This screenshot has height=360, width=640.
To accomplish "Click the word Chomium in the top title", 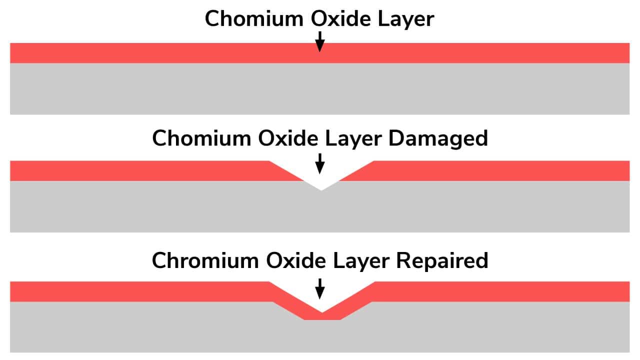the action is [x=254, y=18].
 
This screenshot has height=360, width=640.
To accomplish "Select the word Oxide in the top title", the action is [x=340, y=18].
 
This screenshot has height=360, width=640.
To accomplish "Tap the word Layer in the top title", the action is [x=405, y=20].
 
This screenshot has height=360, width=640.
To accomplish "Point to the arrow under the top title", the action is [x=319, y=41].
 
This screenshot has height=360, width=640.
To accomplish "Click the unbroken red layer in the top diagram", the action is [x=319, y=53].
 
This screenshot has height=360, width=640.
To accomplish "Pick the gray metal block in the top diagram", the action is [x=319, y=89].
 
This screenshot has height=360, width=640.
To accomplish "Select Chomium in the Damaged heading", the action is [x=201, y=138].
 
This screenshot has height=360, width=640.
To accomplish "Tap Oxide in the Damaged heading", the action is [x=287, y=138].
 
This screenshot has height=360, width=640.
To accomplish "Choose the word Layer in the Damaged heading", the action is [x=353, y=139].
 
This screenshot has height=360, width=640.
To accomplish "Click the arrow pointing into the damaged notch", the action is [x=319, y=163].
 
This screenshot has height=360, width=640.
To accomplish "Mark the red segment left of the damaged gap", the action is [x=154, y=171].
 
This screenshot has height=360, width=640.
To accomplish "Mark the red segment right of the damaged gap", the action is [x=485, y=171].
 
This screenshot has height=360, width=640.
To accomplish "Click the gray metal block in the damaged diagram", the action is [x=319, y=208].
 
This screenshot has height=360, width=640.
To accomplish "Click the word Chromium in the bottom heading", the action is [x=205, y=260].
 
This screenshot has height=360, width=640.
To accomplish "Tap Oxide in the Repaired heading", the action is [x=295, y=260].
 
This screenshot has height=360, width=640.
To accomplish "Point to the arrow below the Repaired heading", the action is [x=319, y=288].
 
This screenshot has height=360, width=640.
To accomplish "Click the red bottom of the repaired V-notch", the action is [x=322, y=316].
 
